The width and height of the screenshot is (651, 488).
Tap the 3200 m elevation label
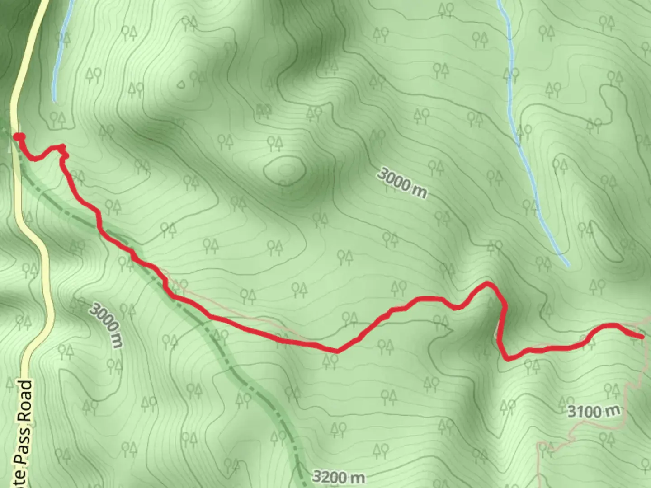(338, 477)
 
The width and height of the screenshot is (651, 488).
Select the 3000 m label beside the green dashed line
(106, 325)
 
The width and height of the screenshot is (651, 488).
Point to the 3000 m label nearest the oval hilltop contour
(402, 183)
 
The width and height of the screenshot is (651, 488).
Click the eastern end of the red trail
(642, 337)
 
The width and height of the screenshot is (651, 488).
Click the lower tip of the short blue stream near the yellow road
(54, 100)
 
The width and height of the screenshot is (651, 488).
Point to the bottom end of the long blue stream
(568, 265)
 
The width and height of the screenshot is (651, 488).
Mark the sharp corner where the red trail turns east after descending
(507, 360)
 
